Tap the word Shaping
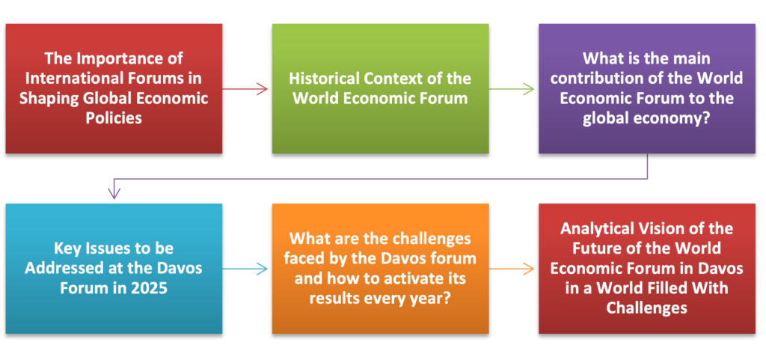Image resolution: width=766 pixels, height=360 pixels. coord(48,98)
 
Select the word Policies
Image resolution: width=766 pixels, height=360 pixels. coord(114,118)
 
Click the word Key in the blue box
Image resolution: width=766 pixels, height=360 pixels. coord(67,248)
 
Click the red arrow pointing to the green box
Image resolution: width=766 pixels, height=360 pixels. coord(245,89)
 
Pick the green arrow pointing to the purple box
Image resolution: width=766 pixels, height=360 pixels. coord(512,89)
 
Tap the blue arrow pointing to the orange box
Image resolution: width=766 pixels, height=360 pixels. coord(245,269)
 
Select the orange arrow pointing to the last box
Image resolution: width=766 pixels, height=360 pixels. coord(512,269)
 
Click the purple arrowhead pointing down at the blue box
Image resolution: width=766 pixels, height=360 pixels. coord(114,194)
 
